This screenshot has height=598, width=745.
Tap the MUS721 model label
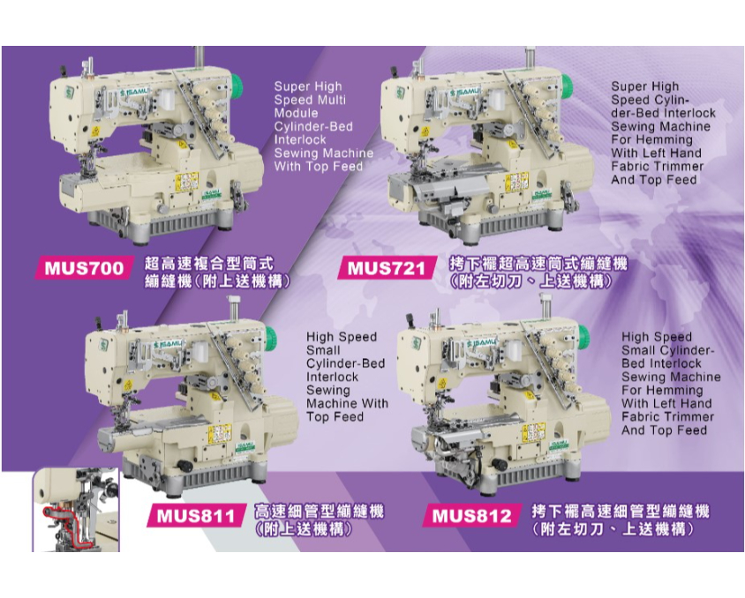[386, 269]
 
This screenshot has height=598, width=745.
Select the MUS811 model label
[195, 516]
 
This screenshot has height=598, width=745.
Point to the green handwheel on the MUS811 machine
[269, 339]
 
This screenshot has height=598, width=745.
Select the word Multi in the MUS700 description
[332, 100]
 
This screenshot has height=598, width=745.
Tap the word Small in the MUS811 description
[323, 350]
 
